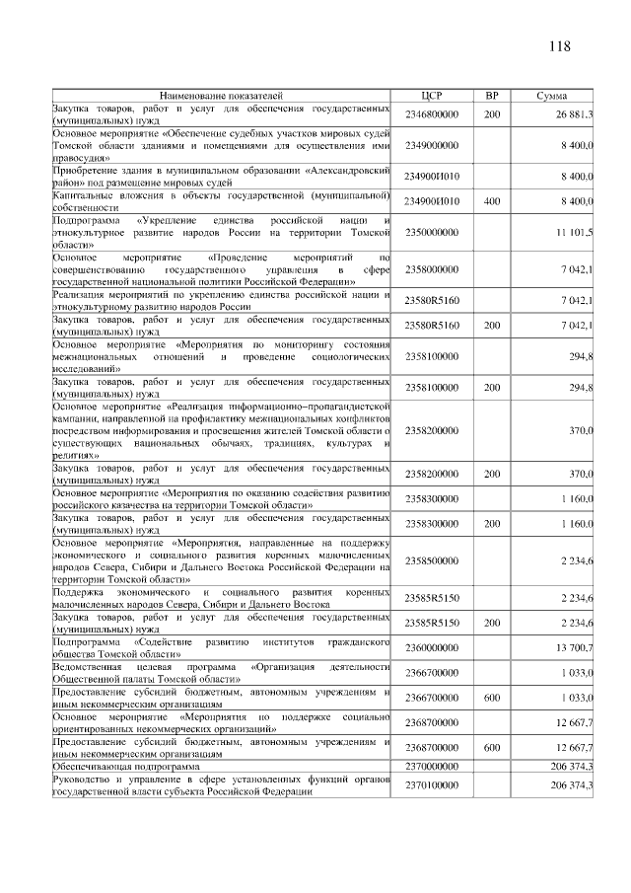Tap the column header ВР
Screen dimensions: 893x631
[x=492, y=96]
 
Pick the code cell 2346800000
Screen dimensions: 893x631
[x=433, y=114]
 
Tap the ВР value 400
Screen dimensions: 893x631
[x=492, y=201]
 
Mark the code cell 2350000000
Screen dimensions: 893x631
[x=433, y=232]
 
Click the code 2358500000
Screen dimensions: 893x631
[x=433, y=560]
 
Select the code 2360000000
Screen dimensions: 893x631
[x=433, y=646]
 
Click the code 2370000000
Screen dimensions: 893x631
[x=433, y=766]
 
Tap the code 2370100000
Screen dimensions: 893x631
[x=433, y=784]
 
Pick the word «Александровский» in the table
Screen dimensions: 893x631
[x=347, y=170]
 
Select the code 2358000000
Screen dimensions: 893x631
[x=433, y=268]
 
